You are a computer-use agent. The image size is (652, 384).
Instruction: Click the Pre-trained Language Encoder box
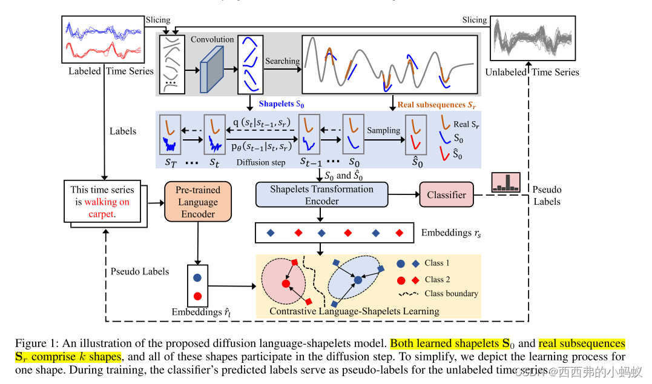pos(198,202)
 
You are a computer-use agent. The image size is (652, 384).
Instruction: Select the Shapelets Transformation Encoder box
pos(321,195)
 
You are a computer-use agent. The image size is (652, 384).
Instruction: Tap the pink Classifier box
pos(446,195)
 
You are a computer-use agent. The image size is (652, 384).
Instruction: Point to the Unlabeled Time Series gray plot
pos(531,39)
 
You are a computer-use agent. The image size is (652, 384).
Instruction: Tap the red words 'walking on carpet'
pos(107,208)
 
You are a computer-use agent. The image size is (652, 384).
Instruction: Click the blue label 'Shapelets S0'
pos(284,104)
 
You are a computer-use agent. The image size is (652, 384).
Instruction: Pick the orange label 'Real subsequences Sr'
pos(435,105)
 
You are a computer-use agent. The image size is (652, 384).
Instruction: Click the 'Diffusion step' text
pos(261,162)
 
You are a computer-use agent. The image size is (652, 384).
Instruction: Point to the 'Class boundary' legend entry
pos(438,294)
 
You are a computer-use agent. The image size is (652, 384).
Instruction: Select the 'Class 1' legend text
pos(437,263)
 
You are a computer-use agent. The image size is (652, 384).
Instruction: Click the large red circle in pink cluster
pos(285,283)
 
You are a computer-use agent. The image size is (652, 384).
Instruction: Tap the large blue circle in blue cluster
pos(358,280)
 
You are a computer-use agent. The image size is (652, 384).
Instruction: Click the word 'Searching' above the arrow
pos(282,61)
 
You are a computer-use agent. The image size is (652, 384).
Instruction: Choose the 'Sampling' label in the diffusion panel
pos(383,130)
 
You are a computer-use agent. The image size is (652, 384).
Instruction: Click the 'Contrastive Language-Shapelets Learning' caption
pos(354,311)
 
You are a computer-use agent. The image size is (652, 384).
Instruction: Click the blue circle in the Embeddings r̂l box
pos(197,279)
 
